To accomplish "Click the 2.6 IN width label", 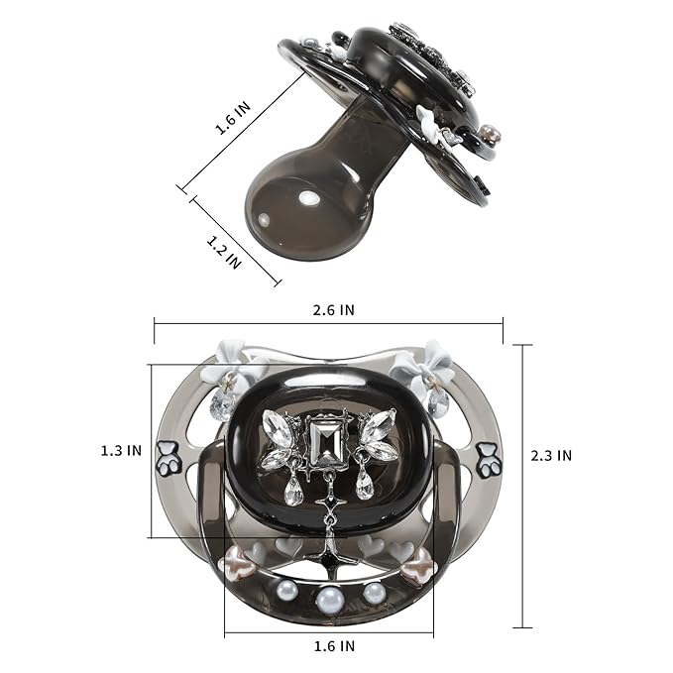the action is pos(333,310).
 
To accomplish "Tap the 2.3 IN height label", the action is pos(551,455).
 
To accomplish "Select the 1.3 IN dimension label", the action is pos(121,451).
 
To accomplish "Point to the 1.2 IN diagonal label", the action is pos(224,252).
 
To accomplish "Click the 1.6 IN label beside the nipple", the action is pos(233,119).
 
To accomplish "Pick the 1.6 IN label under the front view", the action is pos(334,646).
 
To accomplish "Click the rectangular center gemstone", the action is pos(326,443).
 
